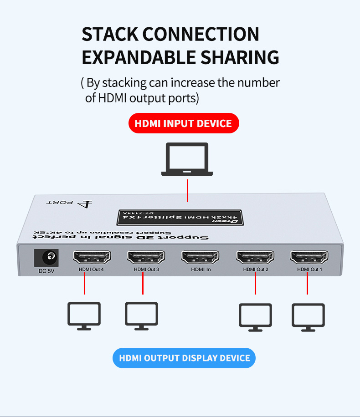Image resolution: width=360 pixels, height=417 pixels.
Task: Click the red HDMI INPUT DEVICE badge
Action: (x=184, y=123)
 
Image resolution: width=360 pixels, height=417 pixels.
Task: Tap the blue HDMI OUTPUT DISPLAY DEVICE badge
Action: (x=184, y=358)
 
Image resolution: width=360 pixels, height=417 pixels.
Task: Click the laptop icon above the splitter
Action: (x=187, y=159)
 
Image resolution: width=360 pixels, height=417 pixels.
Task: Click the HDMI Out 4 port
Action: (x=92, y=258)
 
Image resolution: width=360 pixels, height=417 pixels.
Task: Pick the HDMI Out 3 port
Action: (x=146, y=258)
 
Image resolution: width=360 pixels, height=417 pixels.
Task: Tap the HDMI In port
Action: (x=200, y=258)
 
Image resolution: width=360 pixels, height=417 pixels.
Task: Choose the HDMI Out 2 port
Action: (x=255, y=258)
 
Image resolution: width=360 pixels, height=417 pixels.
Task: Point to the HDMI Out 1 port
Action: (x=309, y=258)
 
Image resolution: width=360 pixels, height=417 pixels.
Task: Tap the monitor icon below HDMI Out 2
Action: (x=256, y=316)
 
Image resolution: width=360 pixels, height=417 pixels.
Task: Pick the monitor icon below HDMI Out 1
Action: (x=309, y=316)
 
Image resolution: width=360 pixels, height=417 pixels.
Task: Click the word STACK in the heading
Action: (x=110, y=35)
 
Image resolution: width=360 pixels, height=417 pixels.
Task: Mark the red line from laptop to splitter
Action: (x=187, y=190)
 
